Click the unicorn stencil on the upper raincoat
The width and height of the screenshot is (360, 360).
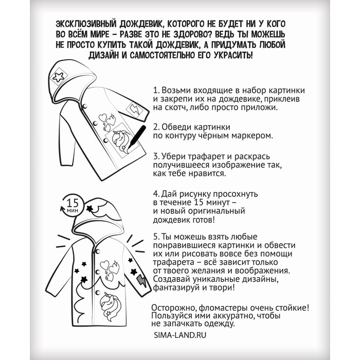pos(119,139)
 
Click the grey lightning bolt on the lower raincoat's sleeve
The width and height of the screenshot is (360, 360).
pos(141,281)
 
